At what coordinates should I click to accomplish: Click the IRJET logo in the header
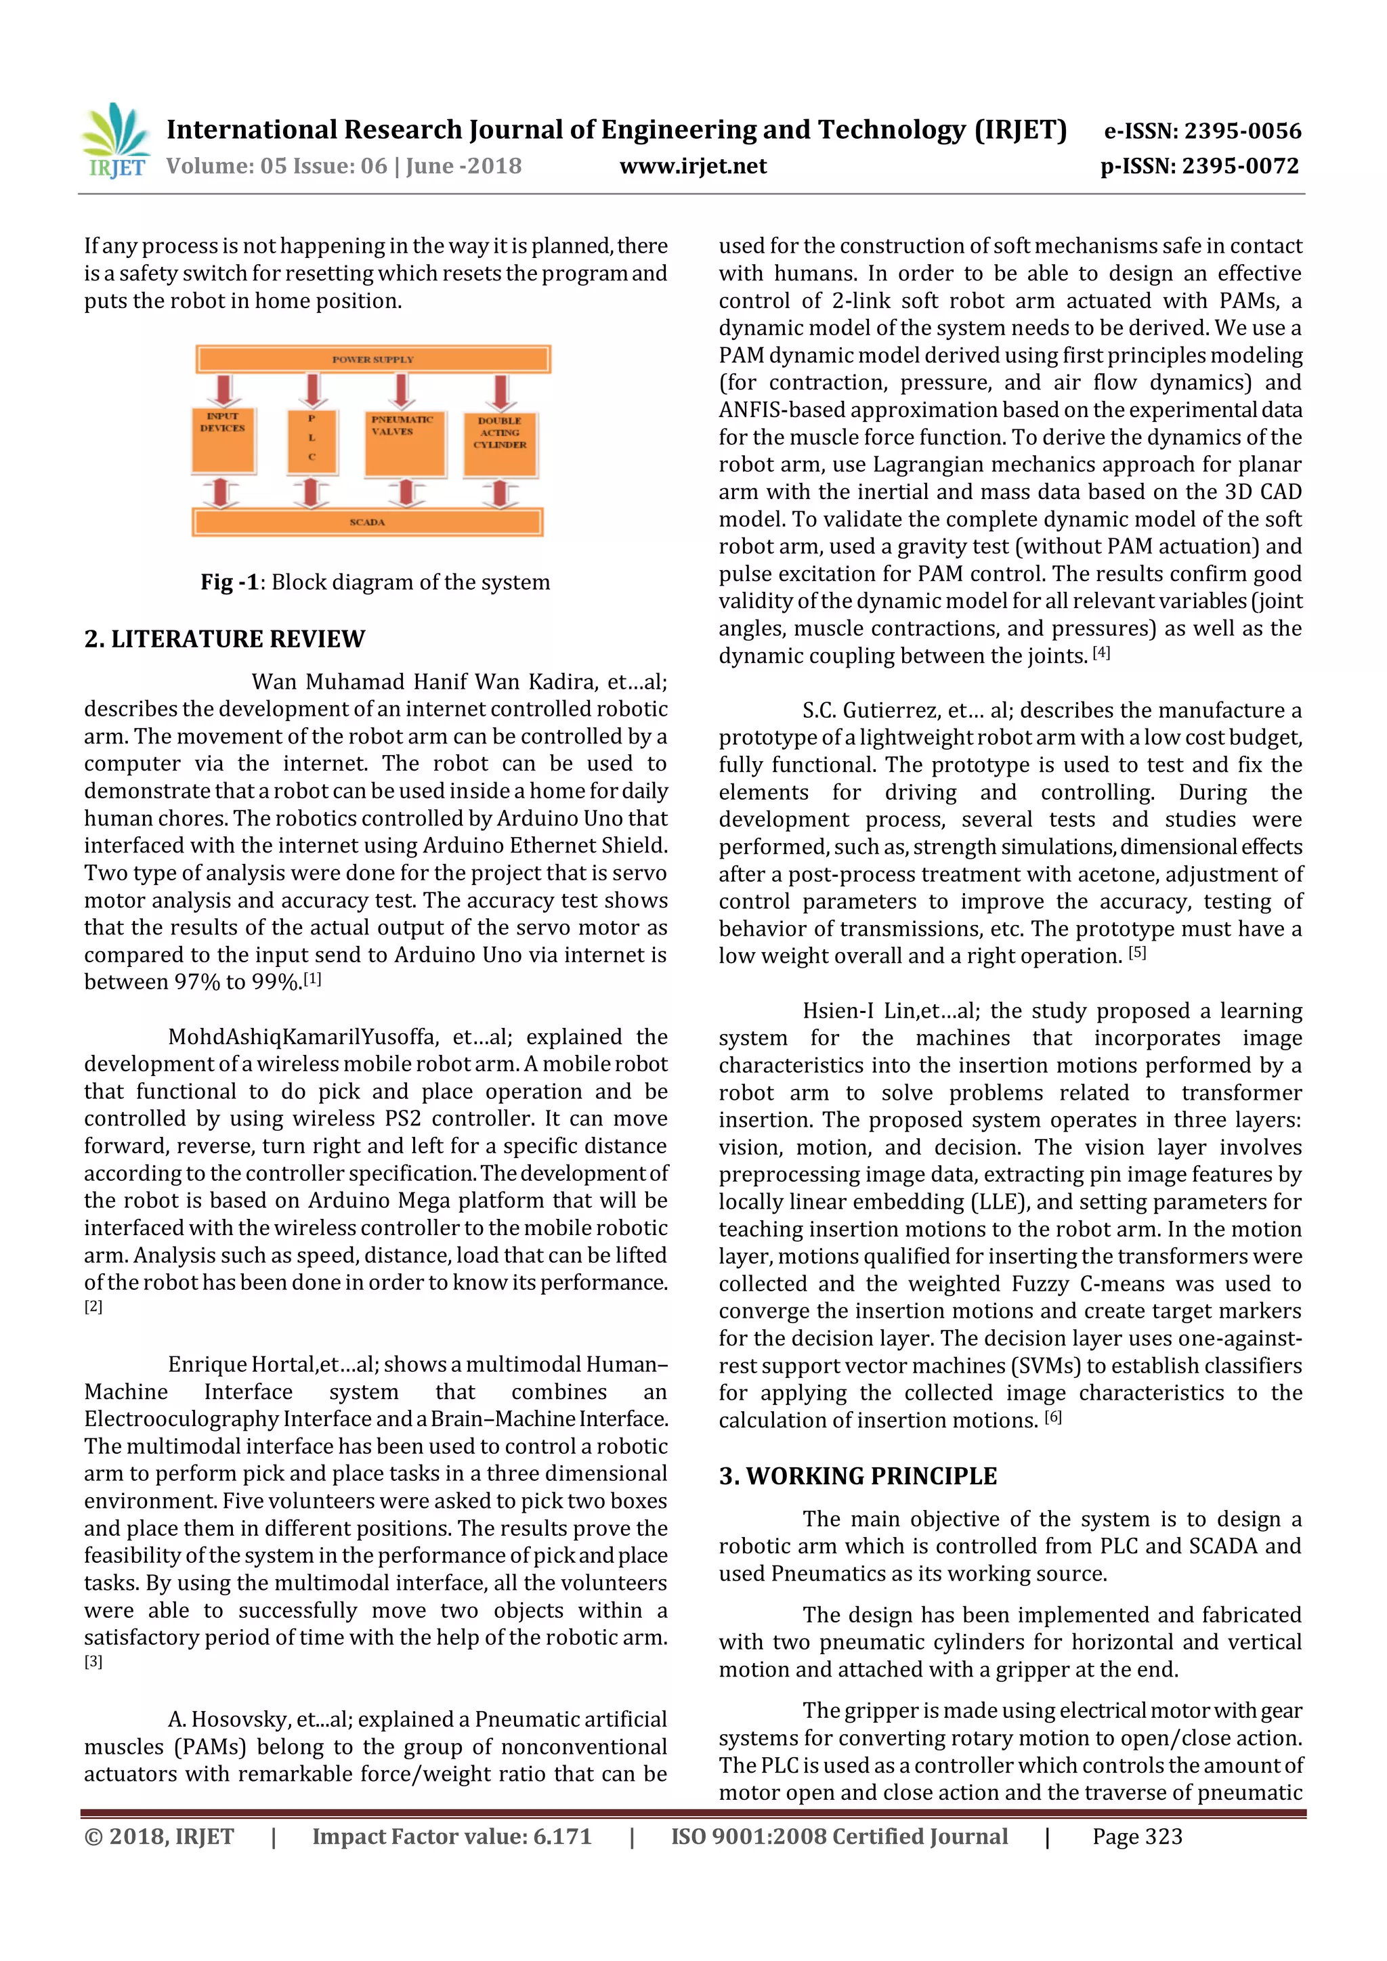[115, 141]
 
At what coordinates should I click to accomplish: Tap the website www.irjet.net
[693, 166]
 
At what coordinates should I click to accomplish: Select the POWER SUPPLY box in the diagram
[372, 359]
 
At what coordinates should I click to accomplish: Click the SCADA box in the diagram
[367, 521]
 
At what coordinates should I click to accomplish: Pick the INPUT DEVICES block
[223, 440]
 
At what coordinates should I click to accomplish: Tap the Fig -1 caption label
[230, 582]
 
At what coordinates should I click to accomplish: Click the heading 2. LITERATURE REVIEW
[225, 639]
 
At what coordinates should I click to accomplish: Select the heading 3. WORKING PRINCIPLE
[857, 1476]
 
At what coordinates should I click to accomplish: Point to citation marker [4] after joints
[1101, 653]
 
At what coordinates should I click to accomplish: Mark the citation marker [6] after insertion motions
[1053, 1418]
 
